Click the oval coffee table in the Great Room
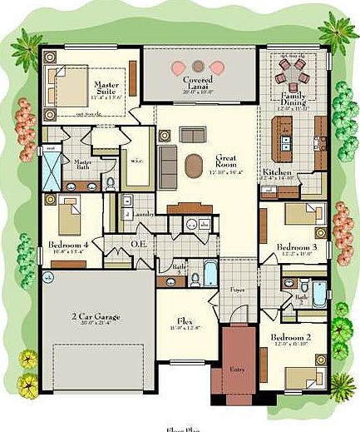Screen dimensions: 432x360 (x=192, y=164)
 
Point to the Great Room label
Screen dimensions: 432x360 (x=226, y=161)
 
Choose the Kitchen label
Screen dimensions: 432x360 (x=278, y=172)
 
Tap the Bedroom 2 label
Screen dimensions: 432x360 (x=289, y=338)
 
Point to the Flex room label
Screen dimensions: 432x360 (x=187, y=321)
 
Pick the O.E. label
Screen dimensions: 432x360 (x=140, y=245)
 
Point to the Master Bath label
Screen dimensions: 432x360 (x=82, y=164)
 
